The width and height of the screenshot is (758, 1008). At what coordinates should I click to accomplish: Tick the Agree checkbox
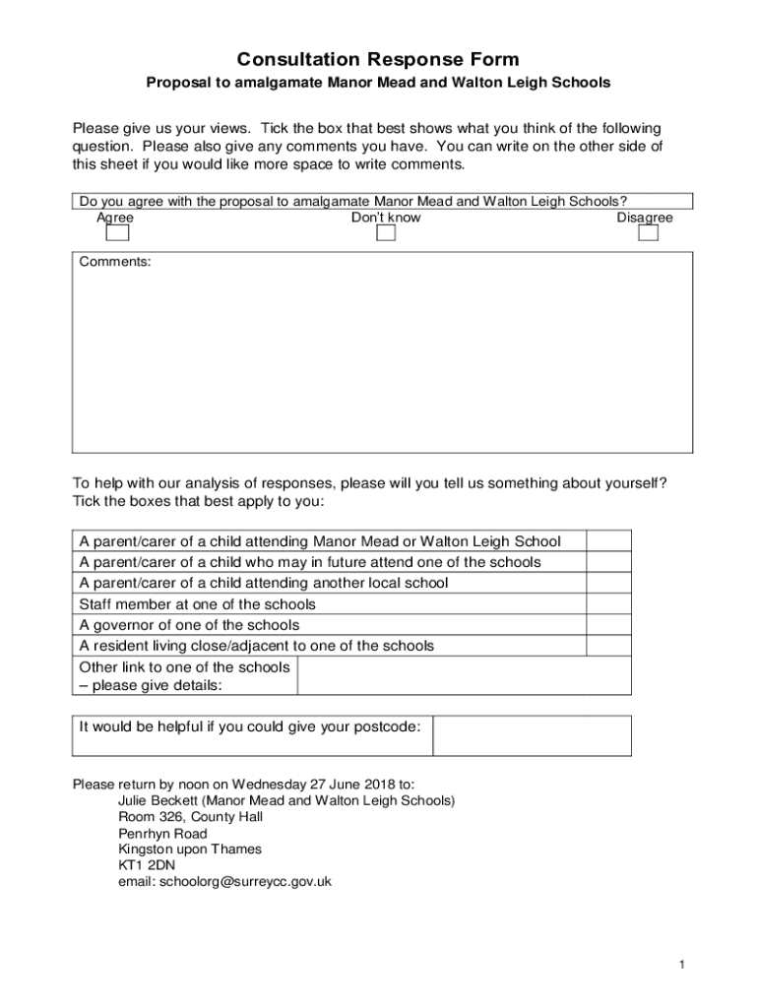tap(117, 233)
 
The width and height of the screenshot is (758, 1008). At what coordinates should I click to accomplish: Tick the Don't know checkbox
tap(386, 233)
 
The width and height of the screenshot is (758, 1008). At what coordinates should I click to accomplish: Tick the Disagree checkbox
tap(647, 233)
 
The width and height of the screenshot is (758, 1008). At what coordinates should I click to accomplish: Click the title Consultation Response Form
tap(378, 60)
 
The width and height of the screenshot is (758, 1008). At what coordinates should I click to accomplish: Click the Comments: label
tap(115, 263)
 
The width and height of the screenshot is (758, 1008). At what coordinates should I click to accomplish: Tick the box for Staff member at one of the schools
tap(608, 604)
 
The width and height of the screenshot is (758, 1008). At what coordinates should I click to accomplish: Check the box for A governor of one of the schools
tap(608, 625)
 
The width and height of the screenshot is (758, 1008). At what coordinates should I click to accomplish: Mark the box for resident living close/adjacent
tap(608, 646)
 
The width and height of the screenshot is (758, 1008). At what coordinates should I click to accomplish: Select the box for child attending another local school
tap(608, 583)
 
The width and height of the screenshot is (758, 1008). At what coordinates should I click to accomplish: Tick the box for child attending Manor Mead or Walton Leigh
tap(608, 540)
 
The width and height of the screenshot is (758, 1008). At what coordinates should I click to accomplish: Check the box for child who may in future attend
tap(608, 562)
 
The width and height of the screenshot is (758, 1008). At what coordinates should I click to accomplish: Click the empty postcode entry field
tap(532, 735)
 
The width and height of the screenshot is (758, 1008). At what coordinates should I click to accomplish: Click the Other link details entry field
tap(464, 675)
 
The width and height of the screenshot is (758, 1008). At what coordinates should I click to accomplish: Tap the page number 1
tap(680, 965)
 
